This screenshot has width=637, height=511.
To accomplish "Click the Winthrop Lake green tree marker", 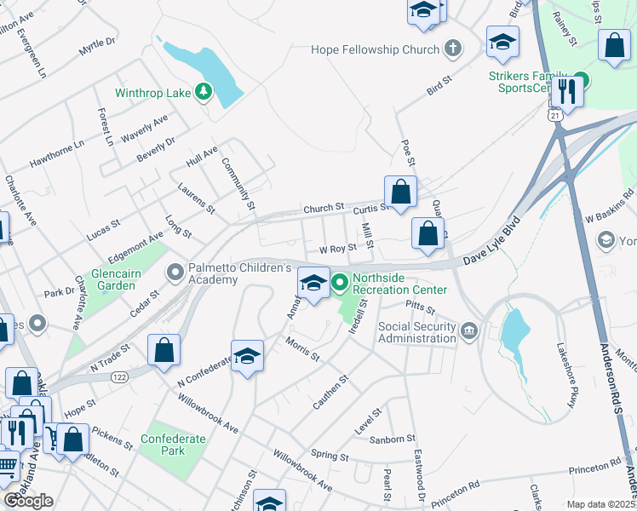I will point(204,91).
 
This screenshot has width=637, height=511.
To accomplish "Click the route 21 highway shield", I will point(555,114).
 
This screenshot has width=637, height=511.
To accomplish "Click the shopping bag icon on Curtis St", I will point(401,192).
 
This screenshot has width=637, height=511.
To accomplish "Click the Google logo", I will point(28,501).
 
